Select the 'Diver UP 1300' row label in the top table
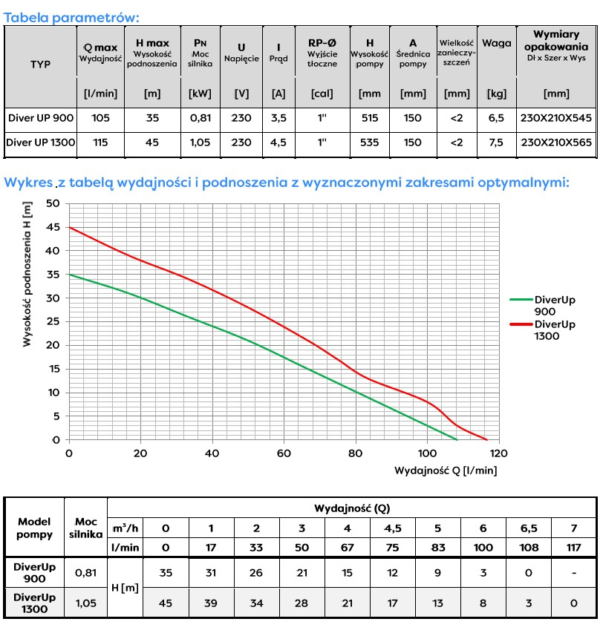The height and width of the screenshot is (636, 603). coord(41,142)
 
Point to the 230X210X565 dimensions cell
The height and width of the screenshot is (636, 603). coord(556,142)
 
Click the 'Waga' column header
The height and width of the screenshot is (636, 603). coord(496,43)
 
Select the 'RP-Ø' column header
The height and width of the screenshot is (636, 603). coord(322,43)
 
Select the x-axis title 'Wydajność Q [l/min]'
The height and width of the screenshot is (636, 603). coord(446,471)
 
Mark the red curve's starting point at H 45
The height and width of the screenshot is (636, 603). coord(69,227)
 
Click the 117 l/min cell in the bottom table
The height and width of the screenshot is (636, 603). coord(572,546)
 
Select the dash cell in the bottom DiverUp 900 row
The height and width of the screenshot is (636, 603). coord(572,573)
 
